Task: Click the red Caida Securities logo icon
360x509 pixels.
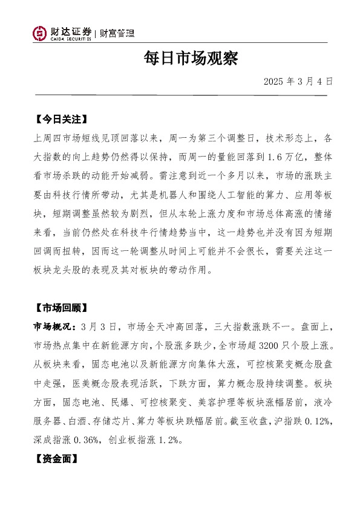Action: (40, 34)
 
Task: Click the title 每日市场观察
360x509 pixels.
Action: (180, 59)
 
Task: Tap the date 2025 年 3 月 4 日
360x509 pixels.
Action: (298, 80)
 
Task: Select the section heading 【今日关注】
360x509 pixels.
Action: (61, 118)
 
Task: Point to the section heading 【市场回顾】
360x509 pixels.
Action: (61, 308)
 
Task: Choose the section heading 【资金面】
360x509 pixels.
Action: (56, 459)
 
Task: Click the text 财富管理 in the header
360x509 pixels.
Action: (117, 34)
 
